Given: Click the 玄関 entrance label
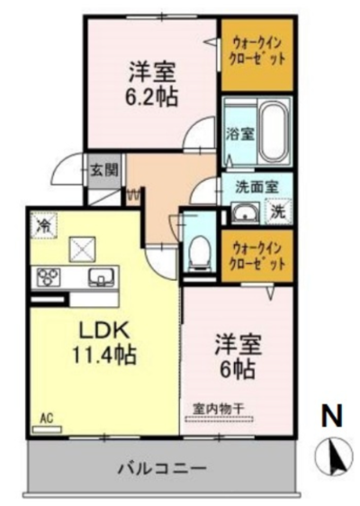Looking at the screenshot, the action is pos(103,170).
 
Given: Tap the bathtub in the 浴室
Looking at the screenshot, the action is pos(274,132).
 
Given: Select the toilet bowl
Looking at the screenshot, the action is pos(199,252).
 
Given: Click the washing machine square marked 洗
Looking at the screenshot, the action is pos(278,212).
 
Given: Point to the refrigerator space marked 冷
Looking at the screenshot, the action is pos(43,225).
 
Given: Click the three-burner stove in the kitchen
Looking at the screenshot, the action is pos(49,276).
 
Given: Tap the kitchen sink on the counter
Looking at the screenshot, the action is pos(101,277).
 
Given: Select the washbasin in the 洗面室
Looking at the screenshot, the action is pos(246,212).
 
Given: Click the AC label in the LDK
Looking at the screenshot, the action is pos(47,419).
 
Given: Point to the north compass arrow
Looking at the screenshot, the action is pos(333,456).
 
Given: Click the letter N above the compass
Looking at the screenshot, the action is pos(332,416).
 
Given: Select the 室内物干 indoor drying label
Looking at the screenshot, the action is pos(218,409).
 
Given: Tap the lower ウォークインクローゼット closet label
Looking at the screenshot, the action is pos(256,257).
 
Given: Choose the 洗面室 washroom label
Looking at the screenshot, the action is pos(256,187).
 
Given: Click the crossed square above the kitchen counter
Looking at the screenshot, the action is pos(83,249).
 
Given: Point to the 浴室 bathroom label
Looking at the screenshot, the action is pos(239,134).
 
